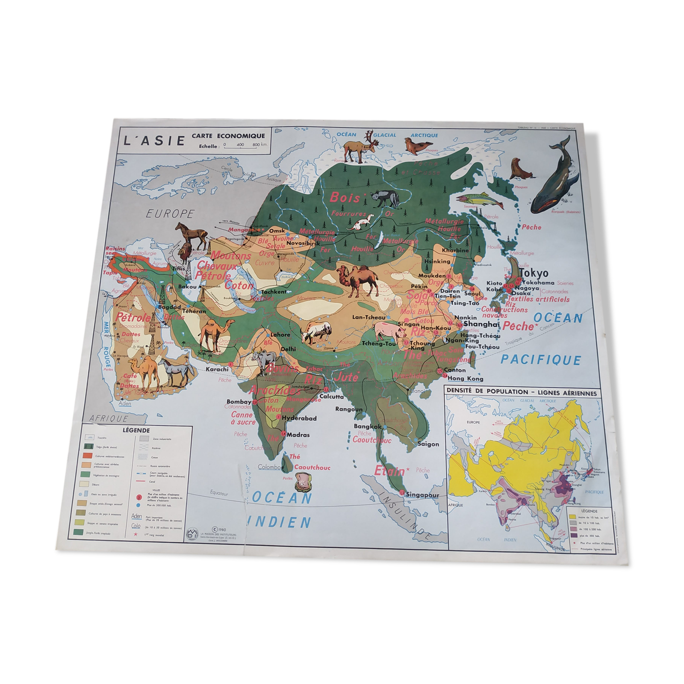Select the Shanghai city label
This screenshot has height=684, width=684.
[x=481, y=324]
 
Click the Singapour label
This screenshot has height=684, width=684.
[x=422, y=495]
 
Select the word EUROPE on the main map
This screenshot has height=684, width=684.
[x=169, y=214]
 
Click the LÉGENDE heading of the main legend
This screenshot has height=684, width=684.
[x=136, y=430]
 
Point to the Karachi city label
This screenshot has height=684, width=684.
[x=217, y=369]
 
